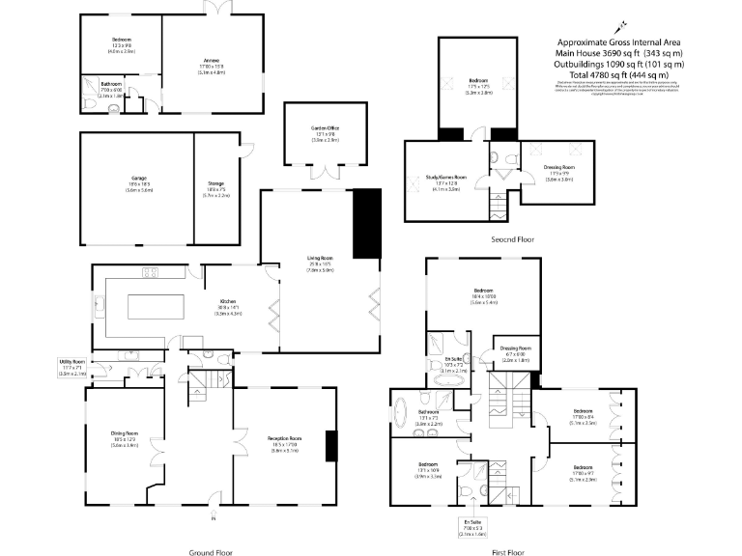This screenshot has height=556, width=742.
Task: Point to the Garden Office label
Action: coord(325,132)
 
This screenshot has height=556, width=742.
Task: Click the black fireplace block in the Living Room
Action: coord(368,223)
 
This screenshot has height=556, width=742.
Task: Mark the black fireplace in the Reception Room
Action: coord(330,444)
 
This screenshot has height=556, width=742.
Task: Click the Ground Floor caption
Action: coord(210,551)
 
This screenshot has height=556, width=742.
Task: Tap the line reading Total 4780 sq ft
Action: coord(621,74)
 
